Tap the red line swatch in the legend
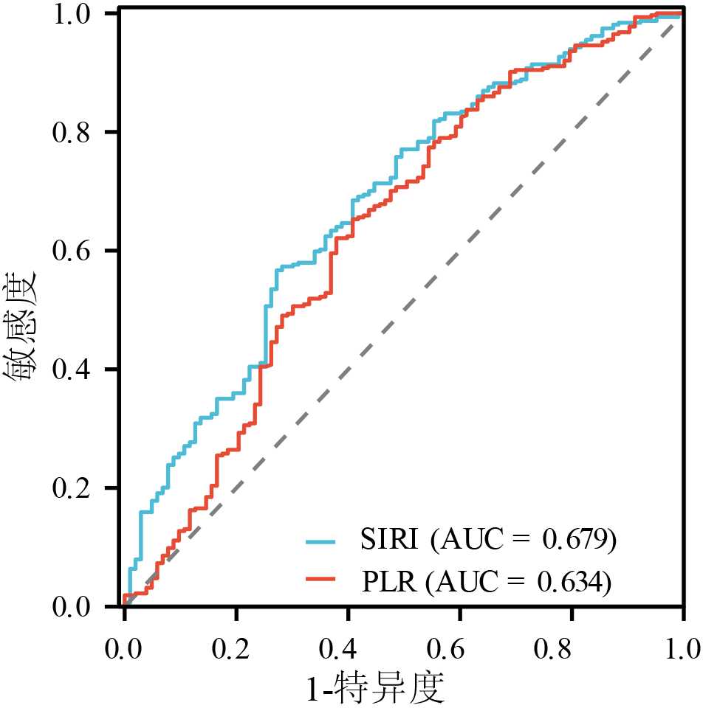[320, 582]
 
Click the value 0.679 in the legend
[576, 541]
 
